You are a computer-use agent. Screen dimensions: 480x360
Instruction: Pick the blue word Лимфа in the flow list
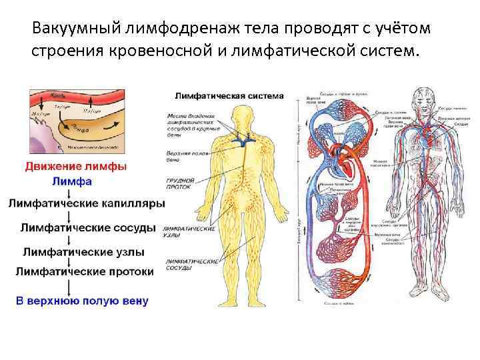[x=73, y=181]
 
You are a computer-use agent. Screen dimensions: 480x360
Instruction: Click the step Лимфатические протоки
[x=85, y=272]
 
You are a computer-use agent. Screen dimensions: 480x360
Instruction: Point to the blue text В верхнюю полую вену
[x=82, y=301]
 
